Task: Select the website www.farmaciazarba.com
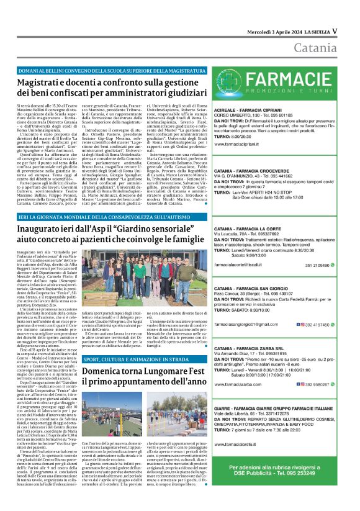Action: click(x=241, y=384)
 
